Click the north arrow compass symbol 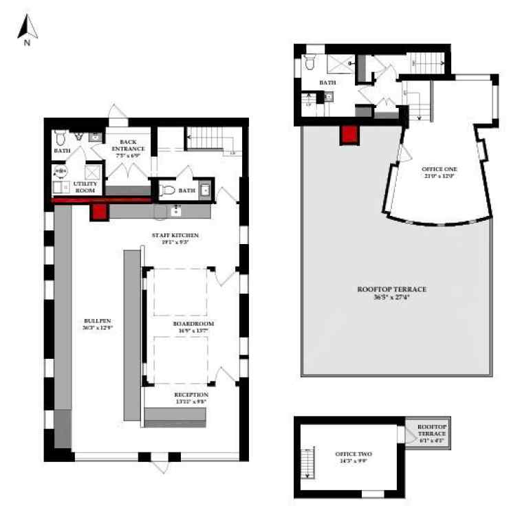[x=28, y=30]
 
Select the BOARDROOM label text [x=193, y=322]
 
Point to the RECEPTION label [x=190, y=395]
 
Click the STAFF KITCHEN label [x=170, y=235]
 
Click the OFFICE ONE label [x=439, y=169]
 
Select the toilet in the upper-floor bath [x=310, y=64]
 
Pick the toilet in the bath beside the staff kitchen [x=166, y=190]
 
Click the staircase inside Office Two [x=307, y=461]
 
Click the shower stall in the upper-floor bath [x=340, y=63]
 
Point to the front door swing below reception [x=159, y=466]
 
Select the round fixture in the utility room [x=61, y=173]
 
